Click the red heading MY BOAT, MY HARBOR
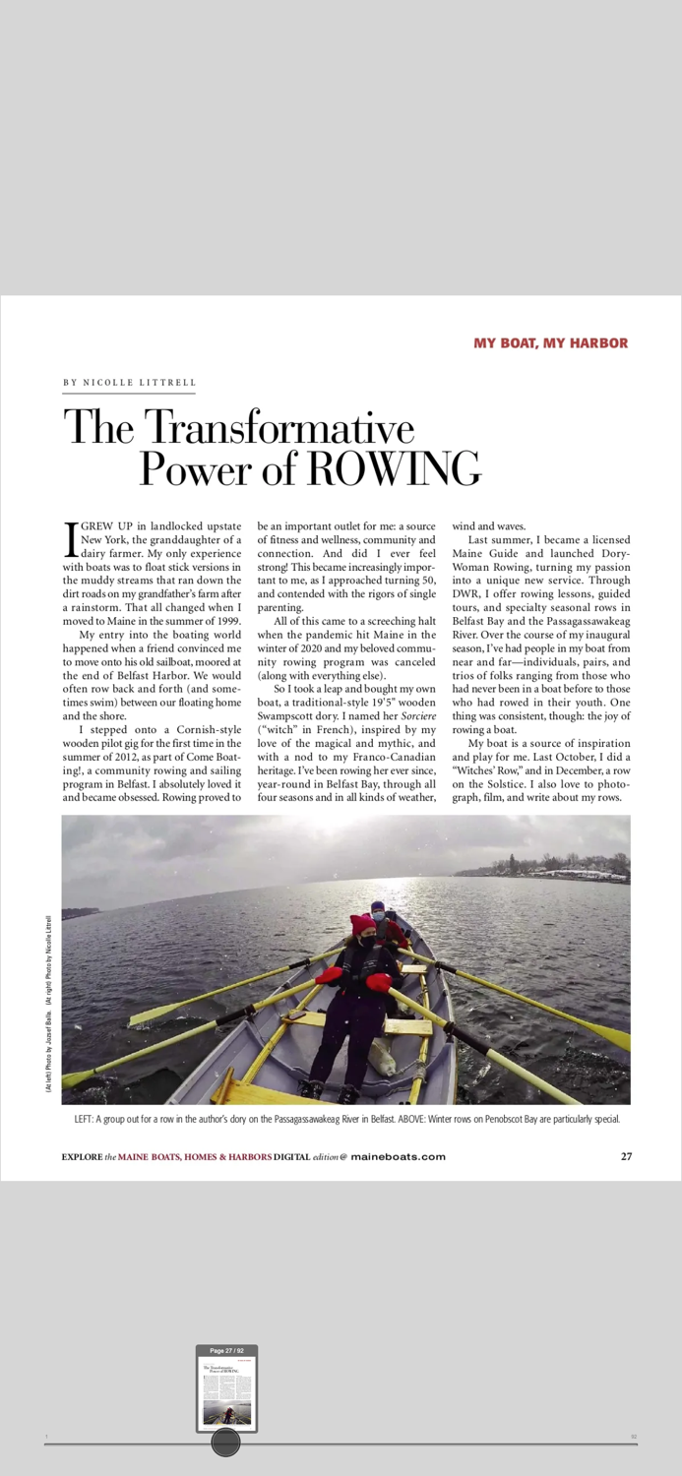[x=550, y=343]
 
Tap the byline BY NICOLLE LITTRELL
[x=128, y=383]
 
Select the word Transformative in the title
[x=279, y=427]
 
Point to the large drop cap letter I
[x=70, y=537]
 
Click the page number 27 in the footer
[x=626, y=1156]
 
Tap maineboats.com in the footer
[x=398, y=1157]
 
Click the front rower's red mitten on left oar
[x=330, y=975]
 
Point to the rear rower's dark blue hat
[x=378, y=905]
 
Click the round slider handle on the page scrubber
[x=226, y=1443]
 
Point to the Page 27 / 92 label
[x=226, y=1351]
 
